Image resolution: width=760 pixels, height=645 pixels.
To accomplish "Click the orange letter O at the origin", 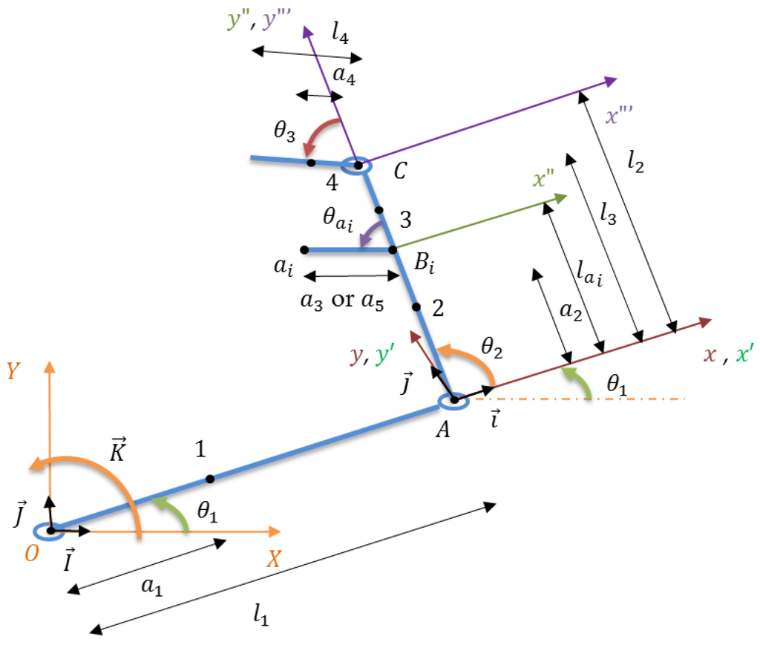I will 31,554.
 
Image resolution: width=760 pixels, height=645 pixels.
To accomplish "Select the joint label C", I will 400,172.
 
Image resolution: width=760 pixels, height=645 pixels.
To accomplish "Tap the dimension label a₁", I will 151,586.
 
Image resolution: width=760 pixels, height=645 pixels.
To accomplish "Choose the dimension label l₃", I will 609,215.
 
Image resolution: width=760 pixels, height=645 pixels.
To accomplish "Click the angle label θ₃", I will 284,136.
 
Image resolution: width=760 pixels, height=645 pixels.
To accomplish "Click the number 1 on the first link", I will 200,448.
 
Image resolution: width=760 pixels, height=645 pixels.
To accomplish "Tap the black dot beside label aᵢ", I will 305,250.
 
